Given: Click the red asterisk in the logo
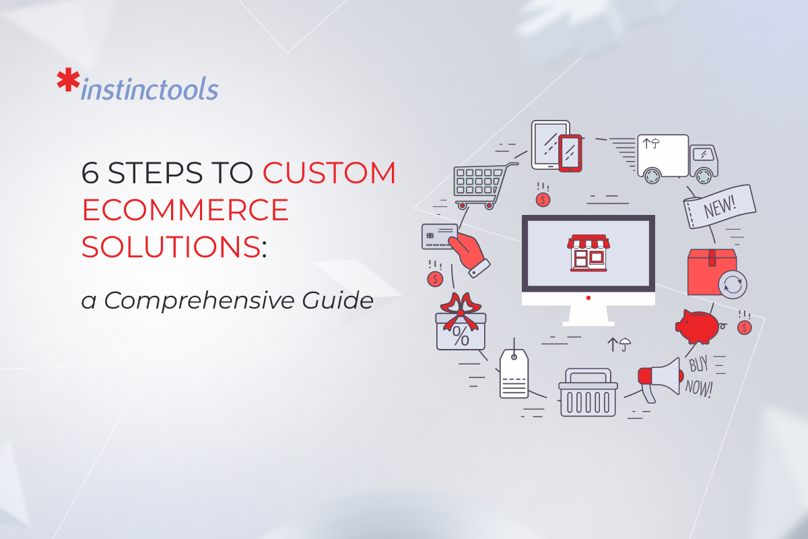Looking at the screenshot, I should pyautogui.click(x=67, y=81).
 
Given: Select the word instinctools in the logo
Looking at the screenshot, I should pyautogui.click(x=149, y=89).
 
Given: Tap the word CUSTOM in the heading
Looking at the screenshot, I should pyautogui.click(x=329, y=174).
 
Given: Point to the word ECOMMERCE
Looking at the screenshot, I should pyautogui.click(x=185, y=211).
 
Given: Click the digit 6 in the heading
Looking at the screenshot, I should pyautogui.click(x=90, y=174).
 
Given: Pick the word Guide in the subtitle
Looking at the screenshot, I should pyautogui.click(x=341, y=300).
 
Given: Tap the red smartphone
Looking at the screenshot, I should pyautogui.click(x=570, y=153).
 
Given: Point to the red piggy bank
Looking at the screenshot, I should pyautogui.click(x=699, y=327).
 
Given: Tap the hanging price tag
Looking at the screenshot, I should pyautogui.click(x=514, y=375).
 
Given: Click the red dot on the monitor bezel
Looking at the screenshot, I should pyautogui.click(x=588, y=298).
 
